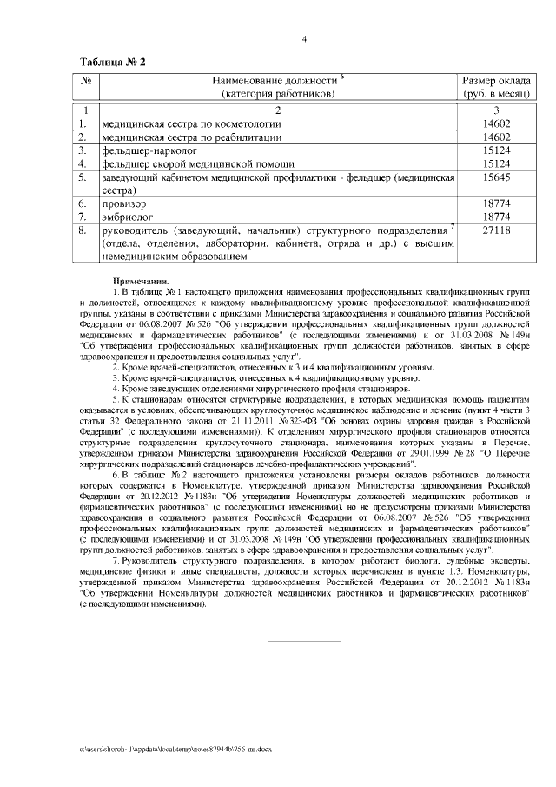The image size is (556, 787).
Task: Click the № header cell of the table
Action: pos(86,81)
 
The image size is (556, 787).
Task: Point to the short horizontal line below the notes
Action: pos(304,643)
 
